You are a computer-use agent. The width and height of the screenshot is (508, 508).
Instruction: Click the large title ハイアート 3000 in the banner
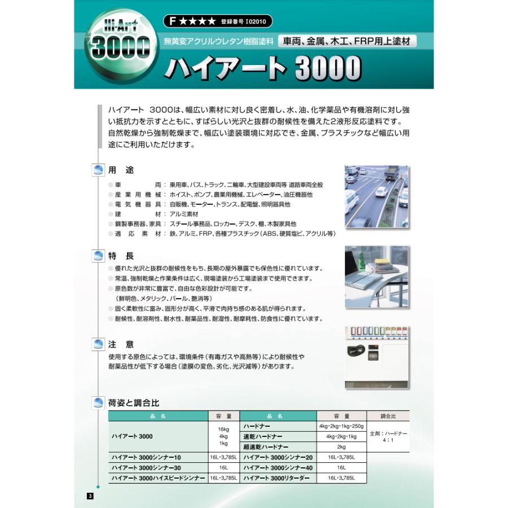point(262,68)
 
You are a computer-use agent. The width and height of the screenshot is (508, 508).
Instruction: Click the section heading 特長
point(121,256)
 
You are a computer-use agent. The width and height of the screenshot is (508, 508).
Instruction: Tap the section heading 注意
point(121,344)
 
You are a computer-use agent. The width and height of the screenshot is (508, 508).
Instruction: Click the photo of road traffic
point(376,196)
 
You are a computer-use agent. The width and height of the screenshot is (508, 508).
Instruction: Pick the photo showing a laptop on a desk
point(376,277)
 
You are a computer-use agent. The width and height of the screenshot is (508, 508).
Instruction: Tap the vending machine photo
point(376,357)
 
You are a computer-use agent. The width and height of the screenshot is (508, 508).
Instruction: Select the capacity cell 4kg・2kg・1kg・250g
point(341,426)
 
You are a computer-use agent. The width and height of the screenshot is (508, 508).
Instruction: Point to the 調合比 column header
point(388,416)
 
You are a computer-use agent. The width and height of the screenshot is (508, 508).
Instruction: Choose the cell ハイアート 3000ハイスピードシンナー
point(158,478)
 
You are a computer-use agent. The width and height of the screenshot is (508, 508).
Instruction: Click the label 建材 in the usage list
point(138,214)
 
